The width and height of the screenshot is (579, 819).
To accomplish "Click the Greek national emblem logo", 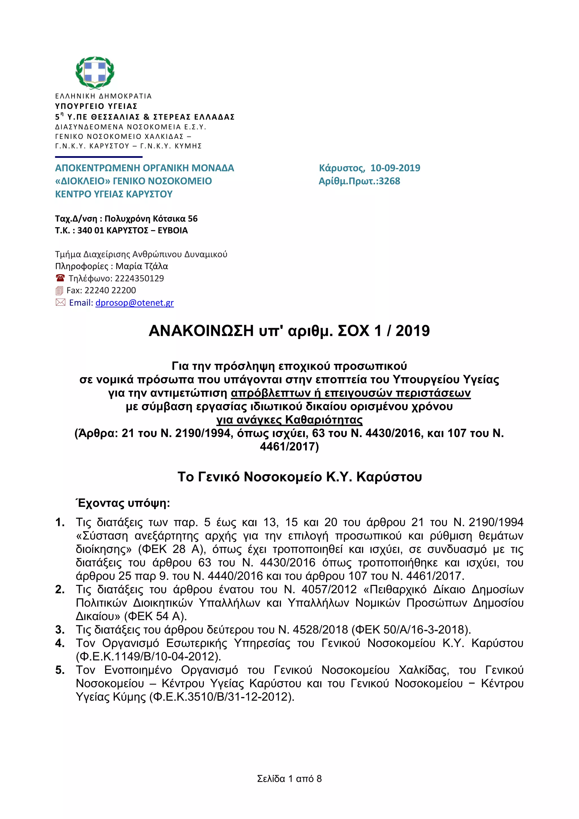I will pyautogui.click(x=95, y=72).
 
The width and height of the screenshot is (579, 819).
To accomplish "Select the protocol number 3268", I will pyautogui.click(x=389, y=181).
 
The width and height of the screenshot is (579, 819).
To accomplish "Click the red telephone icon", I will pyautogui.click(x=60, y=278).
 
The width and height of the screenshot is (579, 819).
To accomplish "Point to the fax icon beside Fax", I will pyautogui.click(x=60, y=291).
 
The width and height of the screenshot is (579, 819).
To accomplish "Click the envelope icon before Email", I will pyautogui.click(x=60, y=303).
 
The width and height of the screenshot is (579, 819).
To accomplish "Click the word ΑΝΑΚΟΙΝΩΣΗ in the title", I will pyautogui.click(x=201, y=331).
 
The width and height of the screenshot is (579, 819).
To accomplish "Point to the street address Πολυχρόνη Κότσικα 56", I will pyautogui.click(x=151, y=219).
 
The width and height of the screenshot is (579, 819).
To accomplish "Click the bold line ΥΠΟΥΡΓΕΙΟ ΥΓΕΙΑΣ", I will pyautogui.click(x=96, y=106).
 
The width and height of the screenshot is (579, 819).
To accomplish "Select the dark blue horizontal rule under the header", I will pyautogui.click(x=99, y=157).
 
